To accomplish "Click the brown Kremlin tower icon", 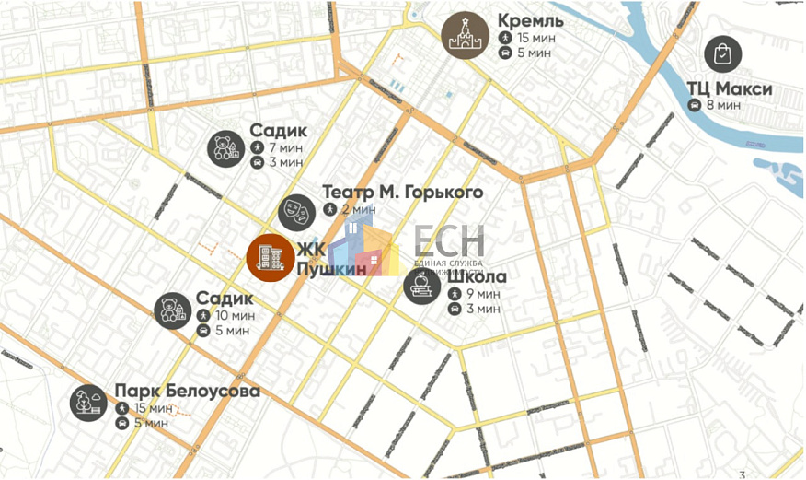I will tap(464, 36).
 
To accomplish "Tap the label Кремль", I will tap(531, 20).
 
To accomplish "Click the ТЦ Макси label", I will tap(729, 89).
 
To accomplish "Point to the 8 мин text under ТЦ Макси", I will tap(723, 105).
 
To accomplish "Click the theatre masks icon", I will tap(297, 212).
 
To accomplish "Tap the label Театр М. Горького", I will tap(402, 193).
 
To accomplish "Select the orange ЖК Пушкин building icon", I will tap(271, 257).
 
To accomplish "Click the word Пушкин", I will tap(329, 268).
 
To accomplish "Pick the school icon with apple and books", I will tap(423, 286).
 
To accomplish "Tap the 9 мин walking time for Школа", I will tap(483, 293).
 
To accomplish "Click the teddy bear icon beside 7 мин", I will tap(225, 147).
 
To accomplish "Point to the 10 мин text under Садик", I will tap(235, 315).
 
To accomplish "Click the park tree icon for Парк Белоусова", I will tap(89, 403).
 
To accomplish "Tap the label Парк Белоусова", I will tap(187, 391).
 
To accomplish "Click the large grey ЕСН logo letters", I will tap(448, 240).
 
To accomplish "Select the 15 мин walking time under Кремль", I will tap(535, 38).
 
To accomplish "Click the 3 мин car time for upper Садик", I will tap(284, 162).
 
